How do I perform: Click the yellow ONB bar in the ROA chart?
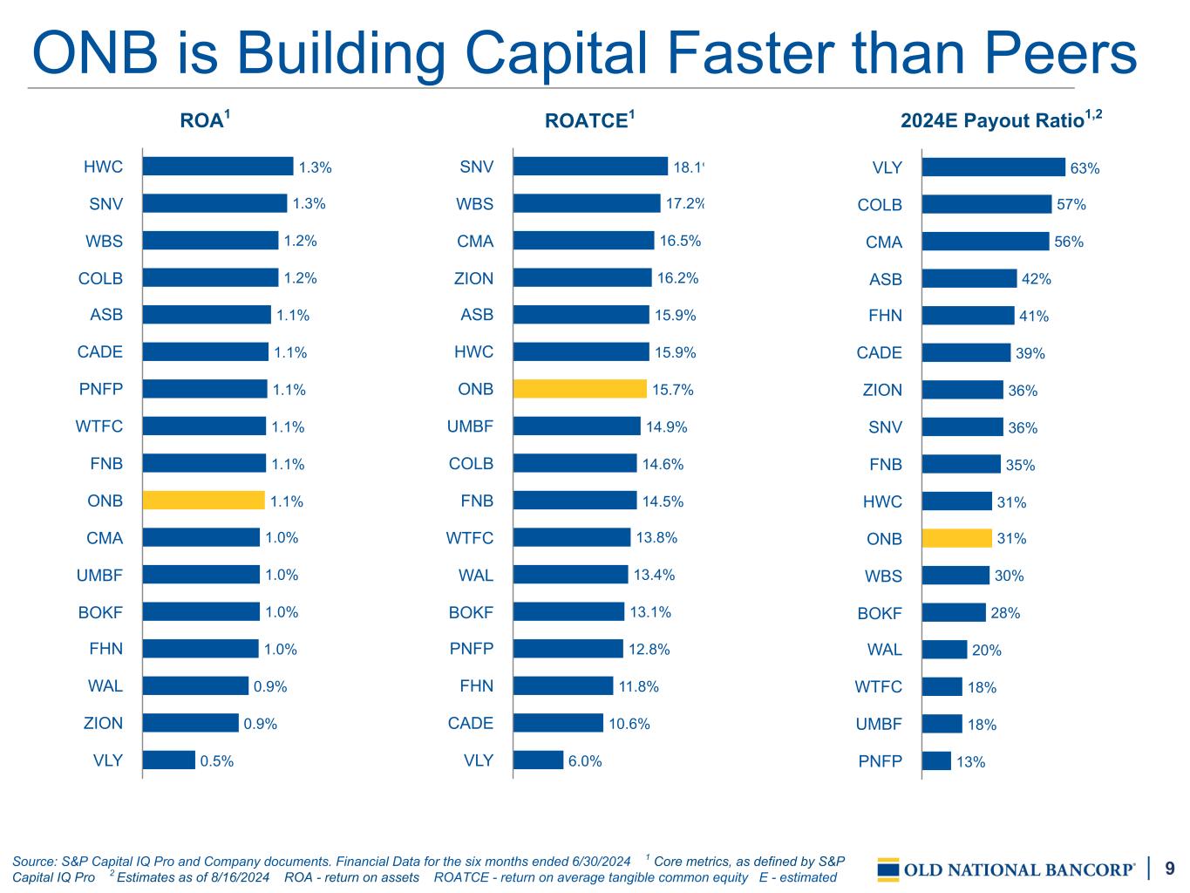(204, 500)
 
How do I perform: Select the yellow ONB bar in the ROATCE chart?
(580, 389)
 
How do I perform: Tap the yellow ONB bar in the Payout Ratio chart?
(957, 538)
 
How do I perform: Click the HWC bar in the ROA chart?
(218, 166)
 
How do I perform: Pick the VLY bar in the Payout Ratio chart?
(994, 167)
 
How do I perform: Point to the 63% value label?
(1085, 168)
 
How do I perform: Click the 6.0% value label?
(585, 760)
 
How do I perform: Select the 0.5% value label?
(217, 760)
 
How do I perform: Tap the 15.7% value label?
(673, 389)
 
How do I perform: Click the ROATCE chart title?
(590, 119)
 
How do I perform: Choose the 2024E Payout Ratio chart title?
(1002, 119)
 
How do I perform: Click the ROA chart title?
(205, 119)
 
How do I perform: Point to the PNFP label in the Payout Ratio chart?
(880, 761)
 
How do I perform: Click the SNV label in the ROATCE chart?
(477, 167)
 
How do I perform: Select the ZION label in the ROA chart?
(103, 723)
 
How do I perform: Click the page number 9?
(1170, 868)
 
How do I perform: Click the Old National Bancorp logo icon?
(888, 869)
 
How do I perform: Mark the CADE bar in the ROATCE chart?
(559, 722)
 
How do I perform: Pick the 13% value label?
(971, 762)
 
